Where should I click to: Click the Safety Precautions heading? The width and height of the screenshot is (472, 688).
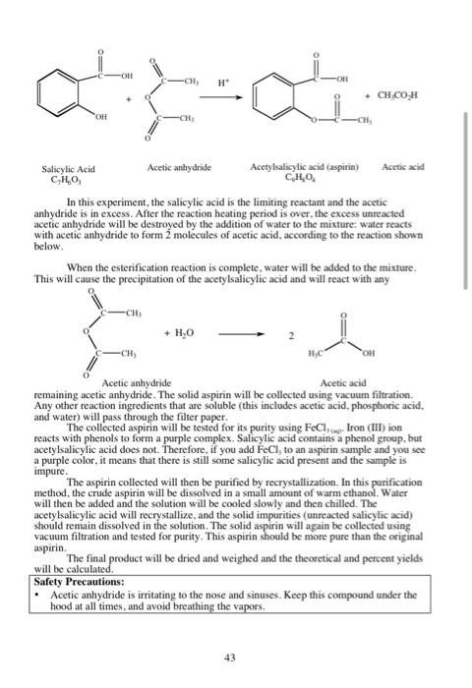tap(78, 582)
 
